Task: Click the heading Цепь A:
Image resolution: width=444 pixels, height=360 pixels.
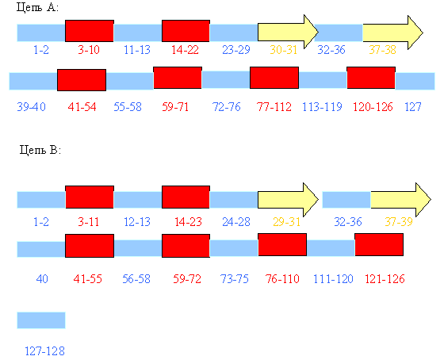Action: [x=37, y=7]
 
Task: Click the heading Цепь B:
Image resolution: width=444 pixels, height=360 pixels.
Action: [x=40, y=149]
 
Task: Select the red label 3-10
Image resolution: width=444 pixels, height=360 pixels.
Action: [x=89, y=50]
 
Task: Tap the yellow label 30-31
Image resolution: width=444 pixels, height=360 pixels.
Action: [x=284, y=50]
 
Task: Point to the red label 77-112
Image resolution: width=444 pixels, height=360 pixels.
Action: [x=274, y=107]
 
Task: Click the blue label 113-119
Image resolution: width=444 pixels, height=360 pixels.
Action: [x=322, y=107]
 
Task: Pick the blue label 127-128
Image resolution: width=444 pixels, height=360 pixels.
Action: [x=44, y=351]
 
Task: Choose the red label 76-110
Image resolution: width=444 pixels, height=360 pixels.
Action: [x=282, y=279]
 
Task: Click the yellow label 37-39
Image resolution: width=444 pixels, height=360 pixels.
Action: [x=399, y=222]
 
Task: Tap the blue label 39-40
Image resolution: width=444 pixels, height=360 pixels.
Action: [x=31, y=107]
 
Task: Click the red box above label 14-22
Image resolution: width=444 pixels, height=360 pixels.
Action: [x=186, y=31]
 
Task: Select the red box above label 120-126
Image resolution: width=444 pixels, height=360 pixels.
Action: [x=371, y=78]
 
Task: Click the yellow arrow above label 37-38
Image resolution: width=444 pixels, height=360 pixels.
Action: [x=393, y=33]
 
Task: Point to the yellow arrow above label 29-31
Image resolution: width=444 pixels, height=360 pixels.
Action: [x=289, y=200]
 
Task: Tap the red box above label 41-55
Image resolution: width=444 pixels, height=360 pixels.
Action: [x=90, y=246]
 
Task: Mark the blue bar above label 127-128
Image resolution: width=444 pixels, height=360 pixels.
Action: [x=41, y=320]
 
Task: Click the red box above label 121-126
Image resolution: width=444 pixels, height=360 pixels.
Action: [x=379, y=245]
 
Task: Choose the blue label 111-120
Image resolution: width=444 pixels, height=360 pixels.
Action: [x=333, y=279]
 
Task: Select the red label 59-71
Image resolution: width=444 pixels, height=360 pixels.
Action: [x=175, y=107]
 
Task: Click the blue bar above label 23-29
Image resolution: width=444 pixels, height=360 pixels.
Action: [x=234, y=33]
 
